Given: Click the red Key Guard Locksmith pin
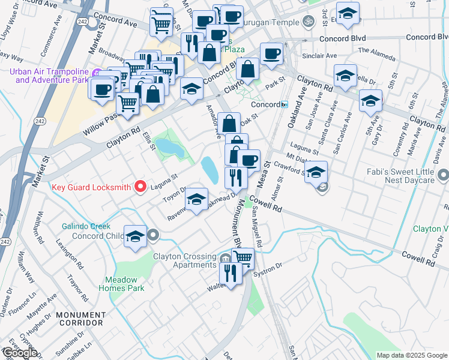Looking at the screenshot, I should [140, 187].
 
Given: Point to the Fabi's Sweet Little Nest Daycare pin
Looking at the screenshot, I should [443, 175].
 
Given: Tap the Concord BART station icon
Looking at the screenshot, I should [285, 104].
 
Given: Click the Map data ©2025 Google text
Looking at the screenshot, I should [411, 355].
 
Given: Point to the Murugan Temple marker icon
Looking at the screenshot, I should [309, 22].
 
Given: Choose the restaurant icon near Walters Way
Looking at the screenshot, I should [231, 272].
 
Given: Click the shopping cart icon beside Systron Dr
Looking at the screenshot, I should [243, 258].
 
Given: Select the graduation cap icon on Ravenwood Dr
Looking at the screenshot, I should [196, 199].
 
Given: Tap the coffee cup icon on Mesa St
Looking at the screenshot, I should [249, 160].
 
